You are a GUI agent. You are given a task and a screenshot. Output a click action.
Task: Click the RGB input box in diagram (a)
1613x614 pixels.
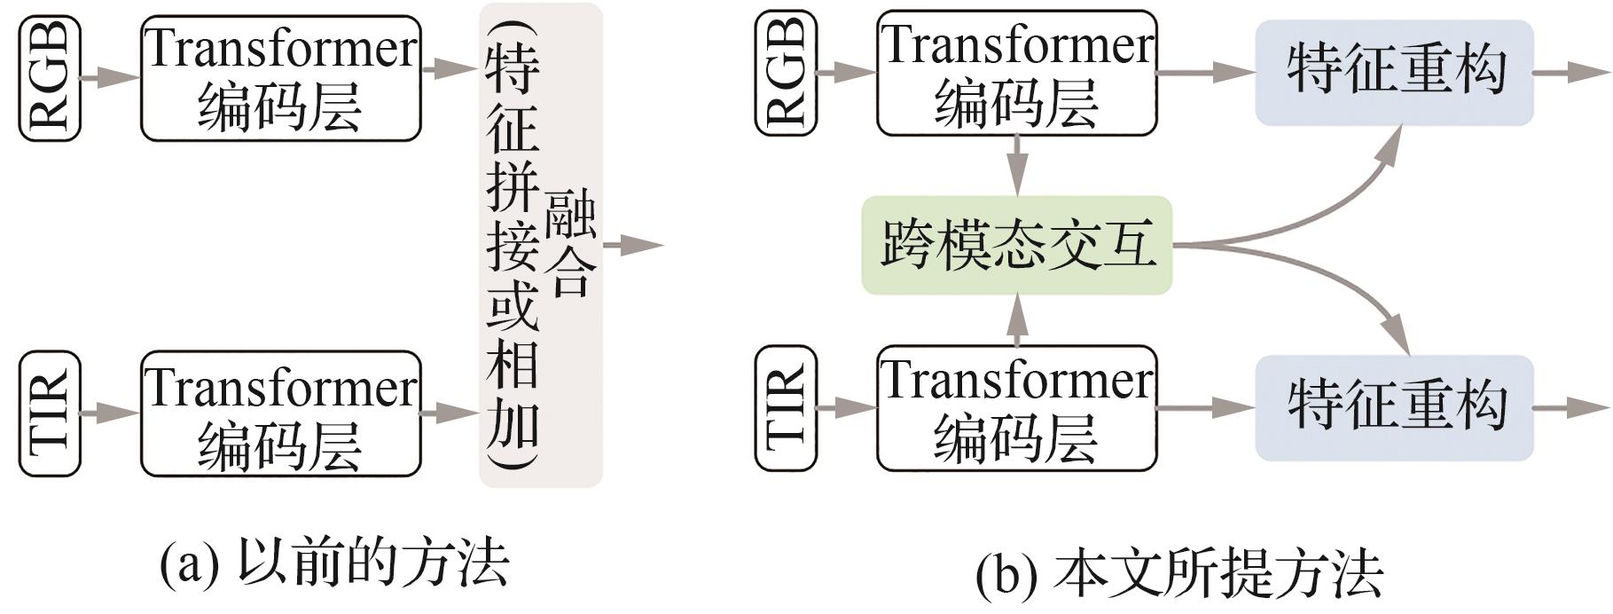coord(51,78)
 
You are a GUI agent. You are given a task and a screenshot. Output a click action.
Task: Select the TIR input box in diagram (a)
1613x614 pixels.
coord(51,413)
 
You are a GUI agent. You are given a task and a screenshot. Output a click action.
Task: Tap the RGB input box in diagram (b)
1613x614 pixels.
coord(786,73)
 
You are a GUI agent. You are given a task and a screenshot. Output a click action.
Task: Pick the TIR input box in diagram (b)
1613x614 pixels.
coord(786,407)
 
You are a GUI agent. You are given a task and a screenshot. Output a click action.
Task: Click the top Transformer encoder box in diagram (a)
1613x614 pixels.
coord(280,78)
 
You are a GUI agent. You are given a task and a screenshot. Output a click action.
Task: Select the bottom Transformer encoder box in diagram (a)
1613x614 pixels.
coord(280,413)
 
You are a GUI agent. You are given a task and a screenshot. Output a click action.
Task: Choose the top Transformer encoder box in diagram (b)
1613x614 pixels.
coord(1016,73)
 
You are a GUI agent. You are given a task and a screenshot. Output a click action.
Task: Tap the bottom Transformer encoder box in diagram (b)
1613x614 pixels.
coord(1016,407)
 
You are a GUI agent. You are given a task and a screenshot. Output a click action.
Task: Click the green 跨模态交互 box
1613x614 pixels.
coord(1016,245)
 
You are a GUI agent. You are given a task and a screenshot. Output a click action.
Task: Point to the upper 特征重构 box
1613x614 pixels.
coord(1394,71)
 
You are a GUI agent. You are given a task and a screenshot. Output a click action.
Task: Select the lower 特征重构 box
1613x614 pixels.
coord(1394,407)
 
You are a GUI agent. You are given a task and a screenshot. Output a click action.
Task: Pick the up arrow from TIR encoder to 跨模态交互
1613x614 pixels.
coord(1017,320)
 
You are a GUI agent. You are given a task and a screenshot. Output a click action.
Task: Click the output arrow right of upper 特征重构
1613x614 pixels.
coord(1570,71)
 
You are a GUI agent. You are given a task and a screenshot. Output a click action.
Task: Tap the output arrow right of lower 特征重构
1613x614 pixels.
coord(1570,407)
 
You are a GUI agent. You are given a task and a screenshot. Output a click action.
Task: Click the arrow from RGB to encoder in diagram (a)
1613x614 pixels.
coord(110,78)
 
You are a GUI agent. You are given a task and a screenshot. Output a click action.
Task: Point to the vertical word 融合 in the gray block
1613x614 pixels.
coord(570,244)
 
